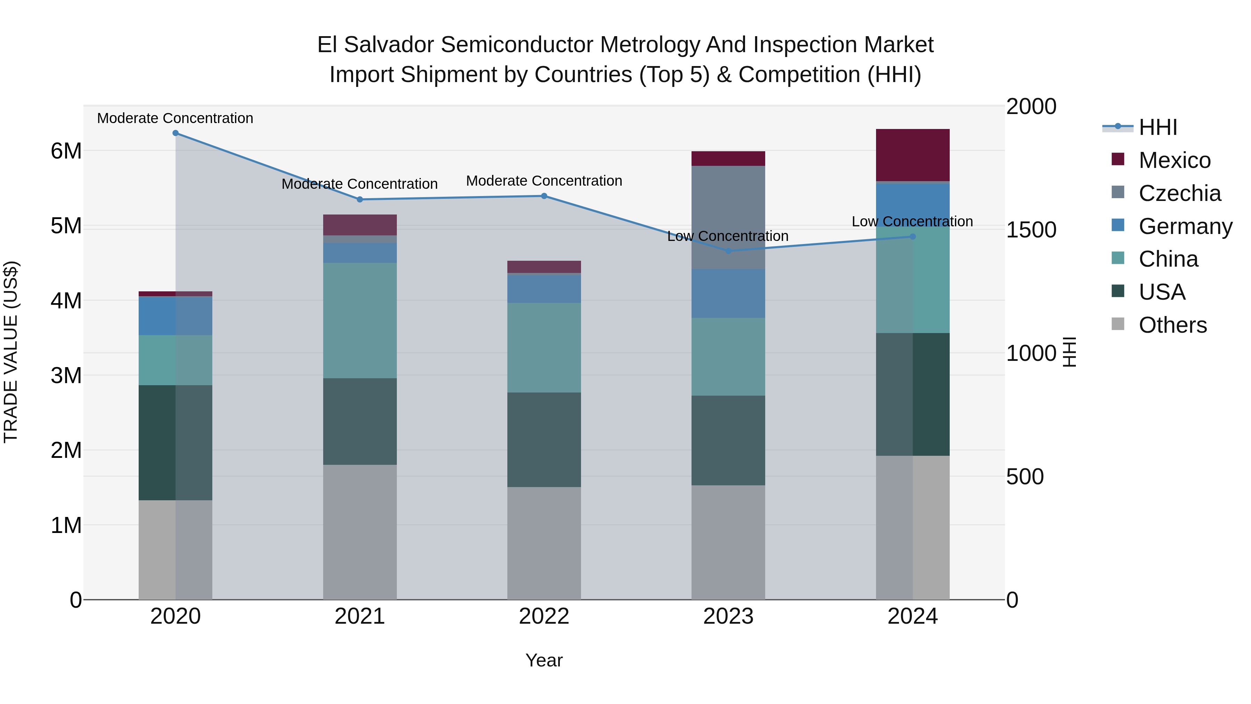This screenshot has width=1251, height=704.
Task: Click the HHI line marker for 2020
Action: click(175, 133)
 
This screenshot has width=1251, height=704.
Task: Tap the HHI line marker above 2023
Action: click(728, 251)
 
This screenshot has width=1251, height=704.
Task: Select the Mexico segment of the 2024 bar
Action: click(912, 155)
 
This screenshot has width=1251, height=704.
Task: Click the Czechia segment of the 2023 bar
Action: click(728, 217)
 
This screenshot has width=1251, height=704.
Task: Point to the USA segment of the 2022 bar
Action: click(544, 440)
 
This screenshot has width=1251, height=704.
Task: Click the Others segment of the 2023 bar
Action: click(728, 542)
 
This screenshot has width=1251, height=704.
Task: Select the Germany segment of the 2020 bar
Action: click(175, 316)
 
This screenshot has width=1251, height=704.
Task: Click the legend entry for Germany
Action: click(1185, 226)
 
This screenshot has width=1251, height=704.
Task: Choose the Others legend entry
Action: click(1172, 325)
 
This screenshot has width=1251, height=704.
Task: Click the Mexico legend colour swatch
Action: click(1118, 159)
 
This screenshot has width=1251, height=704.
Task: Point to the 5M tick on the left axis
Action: click(66, 226)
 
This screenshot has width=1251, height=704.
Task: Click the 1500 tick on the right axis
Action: click(1031, 230)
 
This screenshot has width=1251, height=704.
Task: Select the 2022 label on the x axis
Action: click(544, 616)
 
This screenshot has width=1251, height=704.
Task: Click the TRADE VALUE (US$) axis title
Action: click(11, 352)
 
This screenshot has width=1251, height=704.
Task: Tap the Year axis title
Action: click(544, 660)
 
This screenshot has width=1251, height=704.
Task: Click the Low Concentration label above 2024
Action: click(912, 221)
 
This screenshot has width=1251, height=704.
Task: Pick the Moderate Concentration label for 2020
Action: click(175, 118)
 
